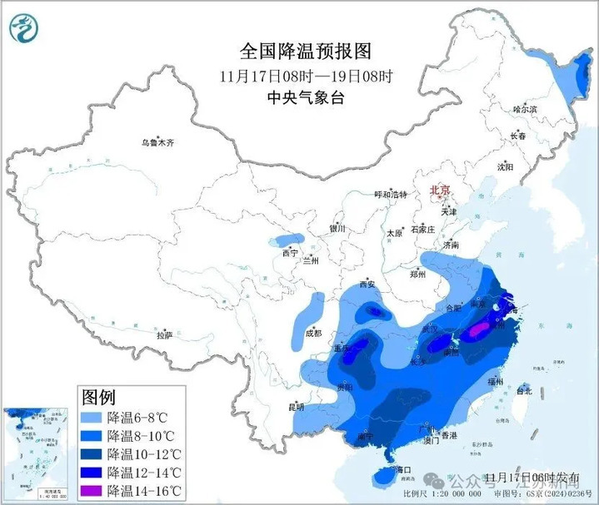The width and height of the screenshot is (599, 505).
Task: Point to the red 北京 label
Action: point(439,191)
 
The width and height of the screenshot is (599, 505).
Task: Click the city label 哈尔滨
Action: point(525,109)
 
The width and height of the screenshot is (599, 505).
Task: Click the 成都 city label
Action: point(312,333)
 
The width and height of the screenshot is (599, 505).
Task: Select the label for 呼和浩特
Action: point(391,195)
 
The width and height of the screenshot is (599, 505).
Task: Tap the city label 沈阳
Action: point(505,166)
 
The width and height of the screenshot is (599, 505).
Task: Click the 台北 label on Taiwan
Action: point(524,390)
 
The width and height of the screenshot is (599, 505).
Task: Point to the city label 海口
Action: point(404,470)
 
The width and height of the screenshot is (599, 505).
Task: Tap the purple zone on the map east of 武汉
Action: point(475,332)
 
